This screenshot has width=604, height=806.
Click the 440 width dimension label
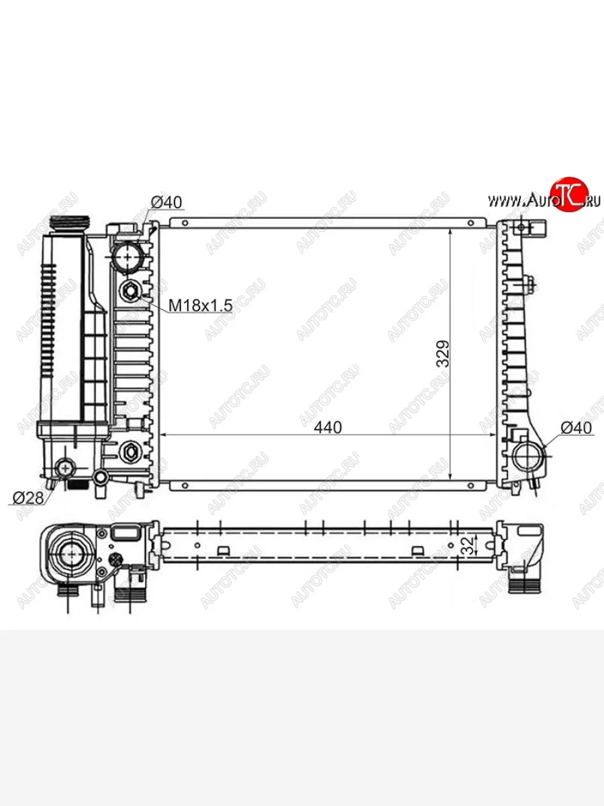(328, 427)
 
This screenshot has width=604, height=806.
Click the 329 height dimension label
(443, 354)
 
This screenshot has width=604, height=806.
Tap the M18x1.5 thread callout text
(200, 305)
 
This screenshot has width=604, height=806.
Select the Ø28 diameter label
(28, 498)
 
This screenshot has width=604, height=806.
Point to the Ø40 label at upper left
(166, 202)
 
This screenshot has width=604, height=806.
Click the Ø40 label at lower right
(576, 428)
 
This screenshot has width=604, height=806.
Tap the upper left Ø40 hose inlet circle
(128, 257)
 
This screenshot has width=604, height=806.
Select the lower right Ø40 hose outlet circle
(527, 457)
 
